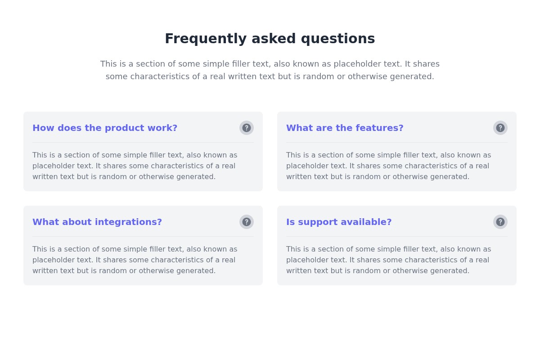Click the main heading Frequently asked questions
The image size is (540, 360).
270,39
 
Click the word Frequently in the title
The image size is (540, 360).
206,39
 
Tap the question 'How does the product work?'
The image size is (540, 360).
105,128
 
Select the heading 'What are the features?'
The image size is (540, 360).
345,128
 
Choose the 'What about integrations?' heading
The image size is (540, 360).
97,222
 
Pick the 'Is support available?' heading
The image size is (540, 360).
339,222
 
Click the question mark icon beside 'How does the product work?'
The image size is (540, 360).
247,128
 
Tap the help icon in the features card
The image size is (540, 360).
500,128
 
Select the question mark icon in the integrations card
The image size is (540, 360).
247,222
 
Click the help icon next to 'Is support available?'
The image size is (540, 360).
500,222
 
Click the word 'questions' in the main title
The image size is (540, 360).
338,39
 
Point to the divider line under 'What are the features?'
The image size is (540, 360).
397,143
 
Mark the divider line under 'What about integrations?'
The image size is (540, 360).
143,237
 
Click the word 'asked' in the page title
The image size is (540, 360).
274,39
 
